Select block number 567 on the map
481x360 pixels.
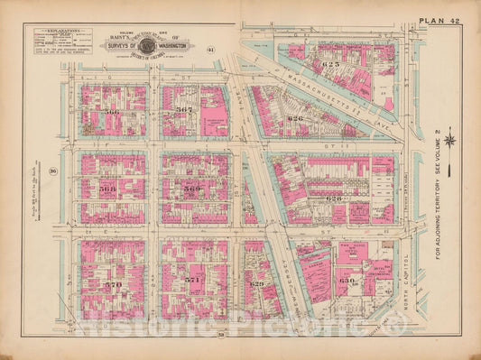tap(184, 109)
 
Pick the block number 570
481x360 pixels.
tap(112, 285)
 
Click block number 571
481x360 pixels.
tap(191, 282)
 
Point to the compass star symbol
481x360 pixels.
tap(449, 140)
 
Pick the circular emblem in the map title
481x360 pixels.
tap(147, 43)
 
